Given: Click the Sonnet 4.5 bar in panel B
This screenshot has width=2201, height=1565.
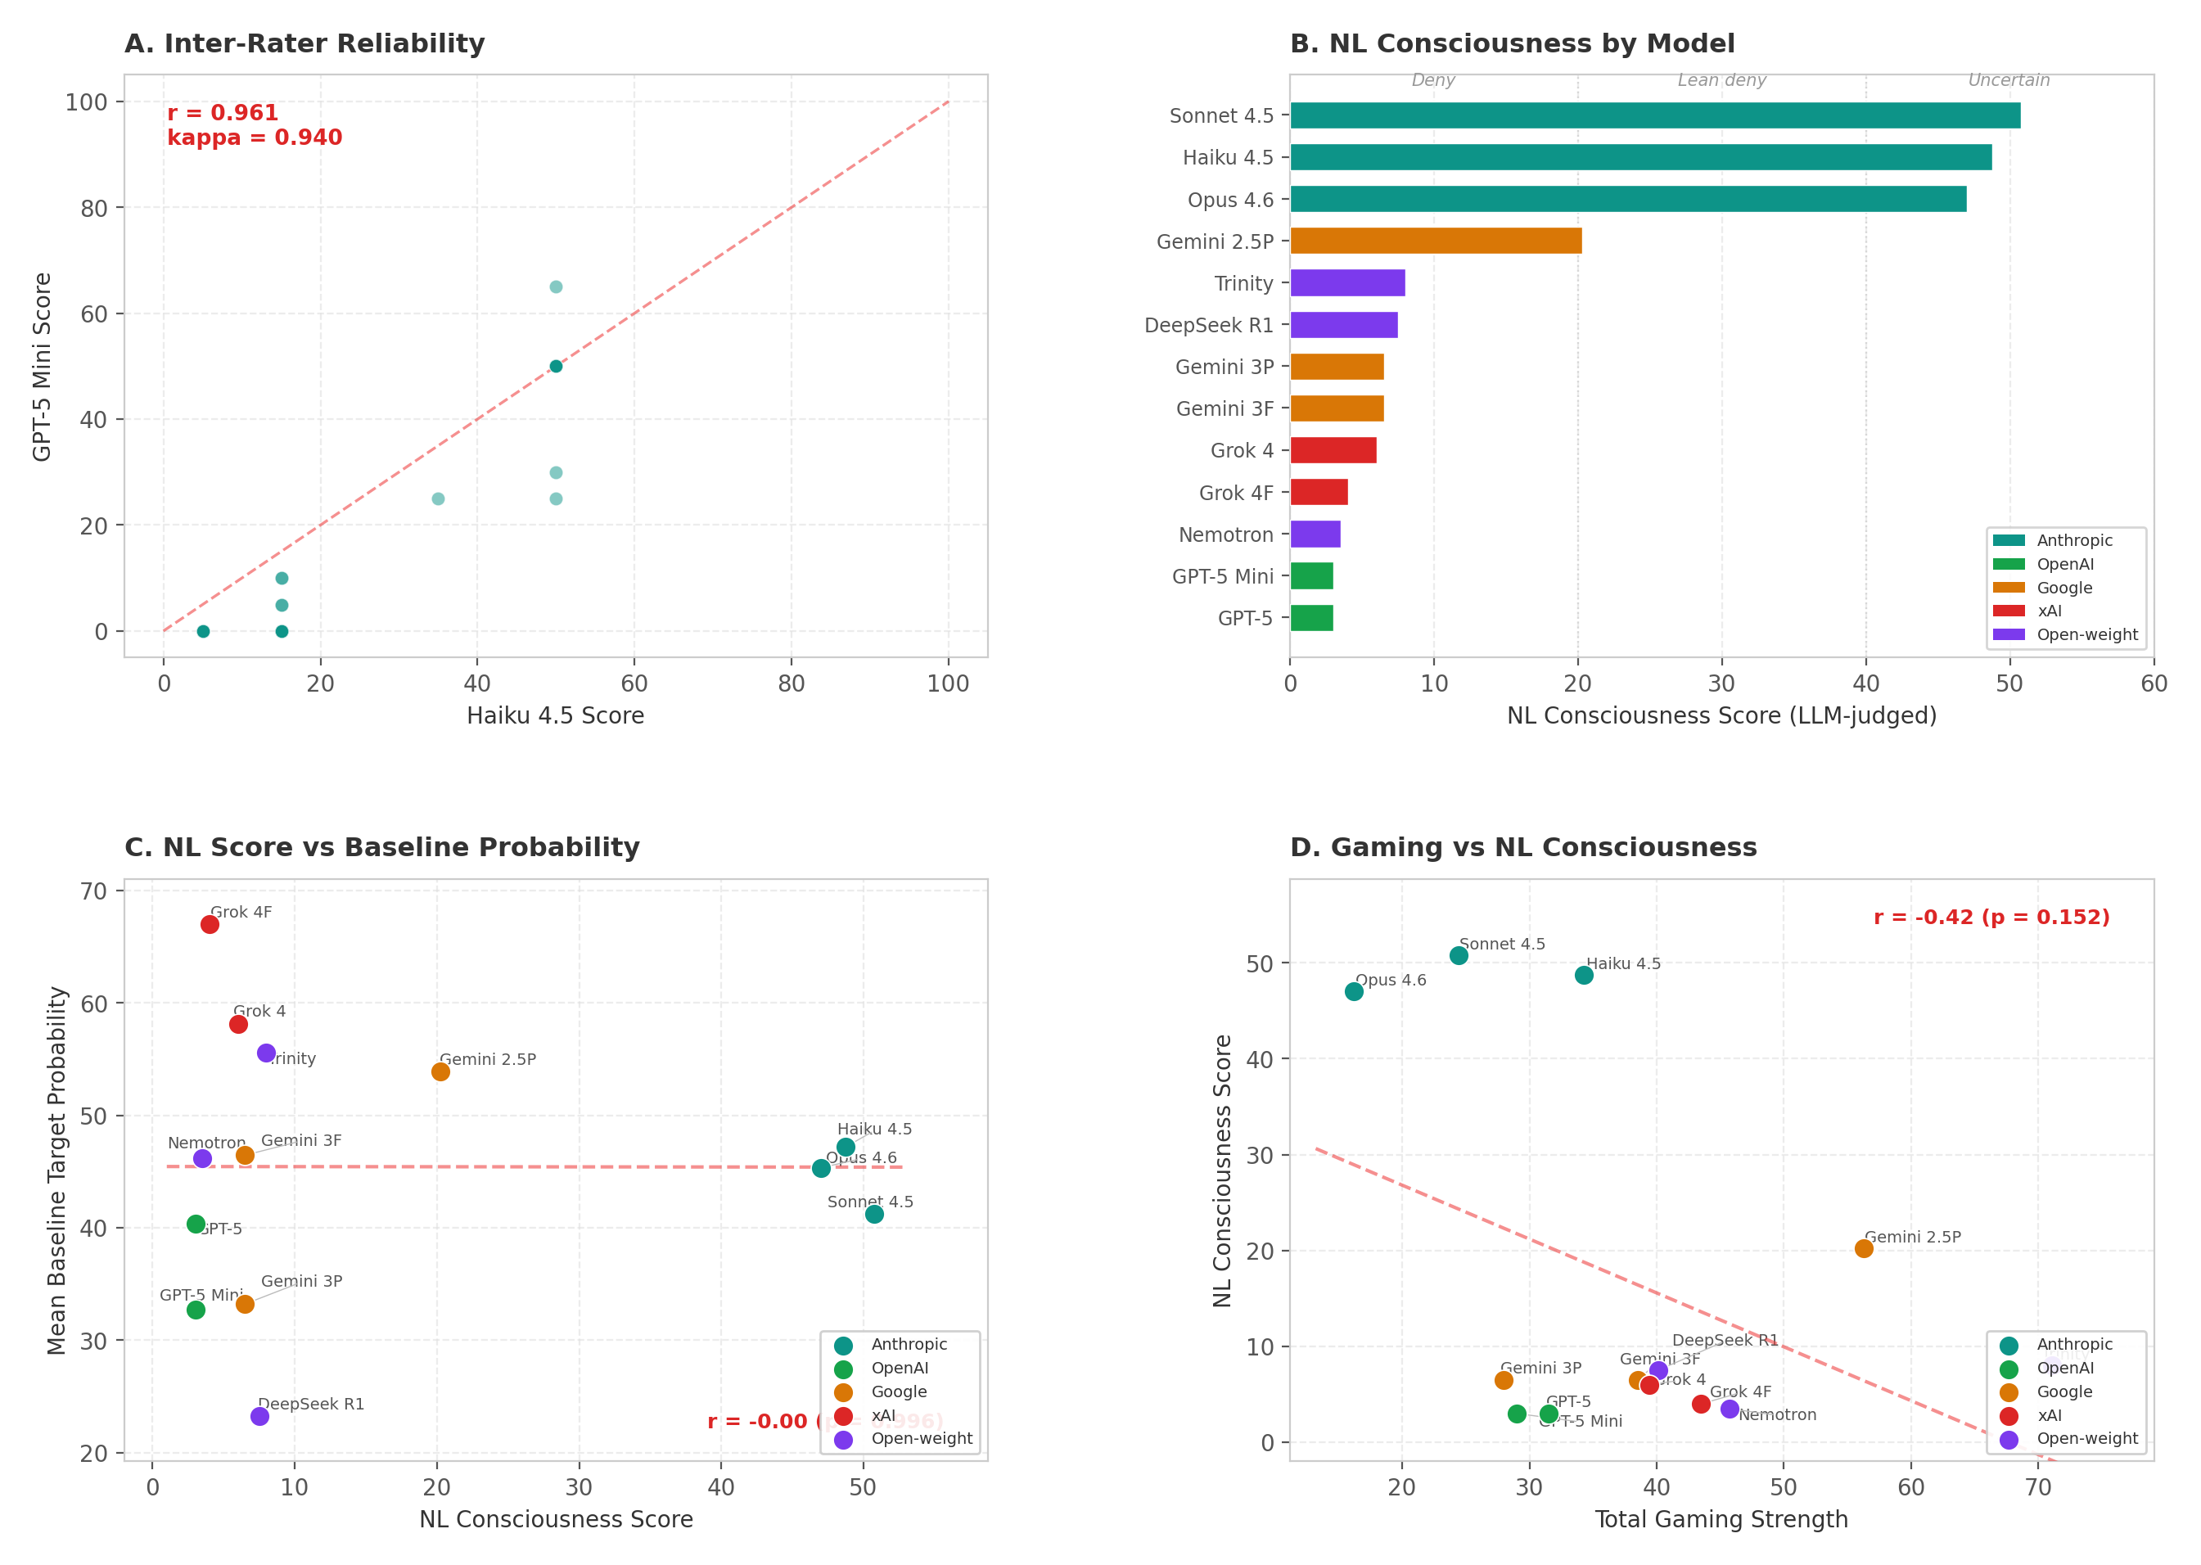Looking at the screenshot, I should pyautogui.click(x=1653, y=115).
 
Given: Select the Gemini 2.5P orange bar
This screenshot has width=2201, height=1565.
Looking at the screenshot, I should pyautogui.click(x=1435, y=241).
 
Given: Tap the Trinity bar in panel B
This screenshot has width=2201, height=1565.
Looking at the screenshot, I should pyautogui.click(x=1346, y=283).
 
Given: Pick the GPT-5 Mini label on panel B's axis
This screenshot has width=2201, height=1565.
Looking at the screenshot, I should pyautogui.click(x=1222, y=576).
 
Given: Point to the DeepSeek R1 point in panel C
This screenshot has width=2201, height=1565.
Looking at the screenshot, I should pyautogui.click(x=259, y=1417).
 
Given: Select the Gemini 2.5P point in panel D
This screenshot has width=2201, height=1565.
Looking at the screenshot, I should pyautogui.click(x=1863, y=1248).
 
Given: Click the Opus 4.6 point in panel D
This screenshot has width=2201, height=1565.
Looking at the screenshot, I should pyautogui.click(x=1353, y=991).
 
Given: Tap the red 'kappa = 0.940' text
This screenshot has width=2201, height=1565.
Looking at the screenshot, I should pyautogui.click(x=255, y=138).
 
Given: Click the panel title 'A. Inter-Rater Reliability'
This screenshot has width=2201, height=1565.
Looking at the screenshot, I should pyautogui.click(x=304, y=44).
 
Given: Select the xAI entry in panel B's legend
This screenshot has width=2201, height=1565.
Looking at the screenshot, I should pyautogui.click(x=2049, y=611).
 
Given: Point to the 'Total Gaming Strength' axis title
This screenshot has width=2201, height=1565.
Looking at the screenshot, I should pyautogui.click(x=1721, y=1520).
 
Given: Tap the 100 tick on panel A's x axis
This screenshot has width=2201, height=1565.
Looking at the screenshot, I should pyautogui.click(x=947, y=683).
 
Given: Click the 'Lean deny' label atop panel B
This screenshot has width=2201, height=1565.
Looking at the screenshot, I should pyautogui.click(x=1721, y=80).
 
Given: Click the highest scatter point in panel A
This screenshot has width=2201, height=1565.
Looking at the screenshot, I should pyautogui.click(x=556, y=287).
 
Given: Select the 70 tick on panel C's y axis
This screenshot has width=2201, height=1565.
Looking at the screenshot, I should pyautogui.click(x=93, y=891).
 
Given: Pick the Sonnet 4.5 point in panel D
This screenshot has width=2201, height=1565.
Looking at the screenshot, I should pyautogui.click(x=1458, y=955).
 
